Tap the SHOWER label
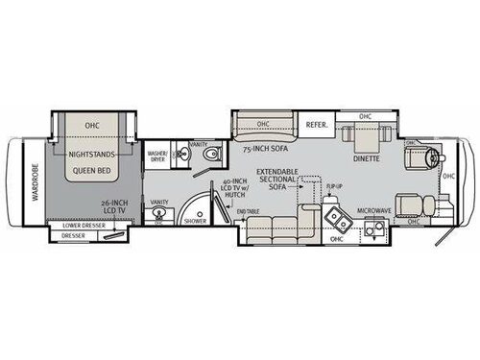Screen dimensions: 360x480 click(x=195, y=220)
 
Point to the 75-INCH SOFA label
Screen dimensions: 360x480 click(x=265, y=149)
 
